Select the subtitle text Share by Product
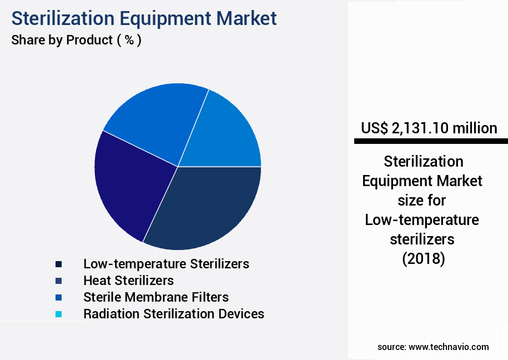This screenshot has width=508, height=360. pos(62,40)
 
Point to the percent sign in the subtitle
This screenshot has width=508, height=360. pos(129,40)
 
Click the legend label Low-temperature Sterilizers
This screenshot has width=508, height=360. pos(166,263)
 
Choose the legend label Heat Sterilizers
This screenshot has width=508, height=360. pos(128,280)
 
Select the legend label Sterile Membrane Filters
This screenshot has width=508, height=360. pos(155,297)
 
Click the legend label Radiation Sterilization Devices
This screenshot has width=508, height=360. pos(173,313)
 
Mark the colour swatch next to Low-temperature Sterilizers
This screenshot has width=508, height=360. pos(58,264)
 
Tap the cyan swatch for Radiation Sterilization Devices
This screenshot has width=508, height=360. pos(58,314)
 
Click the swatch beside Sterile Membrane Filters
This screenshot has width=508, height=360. pos(58,297)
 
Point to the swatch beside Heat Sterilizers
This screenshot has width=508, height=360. pos(58,281)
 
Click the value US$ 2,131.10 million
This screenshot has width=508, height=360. pos(429,128)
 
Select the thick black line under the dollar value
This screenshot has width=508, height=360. pos(430,142)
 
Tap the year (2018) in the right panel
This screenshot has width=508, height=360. pos(423,258)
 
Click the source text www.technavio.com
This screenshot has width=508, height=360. pos(449,347)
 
